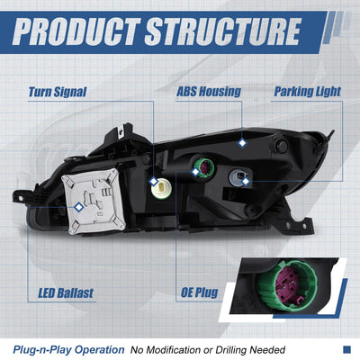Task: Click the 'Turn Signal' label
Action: (x=58, y=92)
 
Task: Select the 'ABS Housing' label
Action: (x=209, y=92)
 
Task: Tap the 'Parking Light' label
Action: (x=308, y=92)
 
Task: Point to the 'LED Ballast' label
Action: (x=66, y=292)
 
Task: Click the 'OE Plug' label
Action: (x=199, y=292)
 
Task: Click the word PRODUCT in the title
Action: (x=76, y=31)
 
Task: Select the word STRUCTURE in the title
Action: (x=223, y=31)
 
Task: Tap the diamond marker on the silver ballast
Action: (x=78, y=207)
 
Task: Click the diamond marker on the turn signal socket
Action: (x=154, y=182)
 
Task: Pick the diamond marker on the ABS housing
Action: (x=242, y=143)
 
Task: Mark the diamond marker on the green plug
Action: (x=195, y=172)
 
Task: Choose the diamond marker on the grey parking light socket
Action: (x=246, y=181)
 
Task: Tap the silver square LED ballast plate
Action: (x=94, y=202)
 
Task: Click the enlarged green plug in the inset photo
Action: (x=283, y=285)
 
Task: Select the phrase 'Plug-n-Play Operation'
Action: (x=68, y=350)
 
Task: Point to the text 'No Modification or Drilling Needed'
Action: (x=208, y=350)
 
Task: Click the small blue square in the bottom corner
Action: (x=346, y=349)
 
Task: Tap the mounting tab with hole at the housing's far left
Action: (x=20, y=197)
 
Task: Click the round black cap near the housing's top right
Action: (x=282, y=146)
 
